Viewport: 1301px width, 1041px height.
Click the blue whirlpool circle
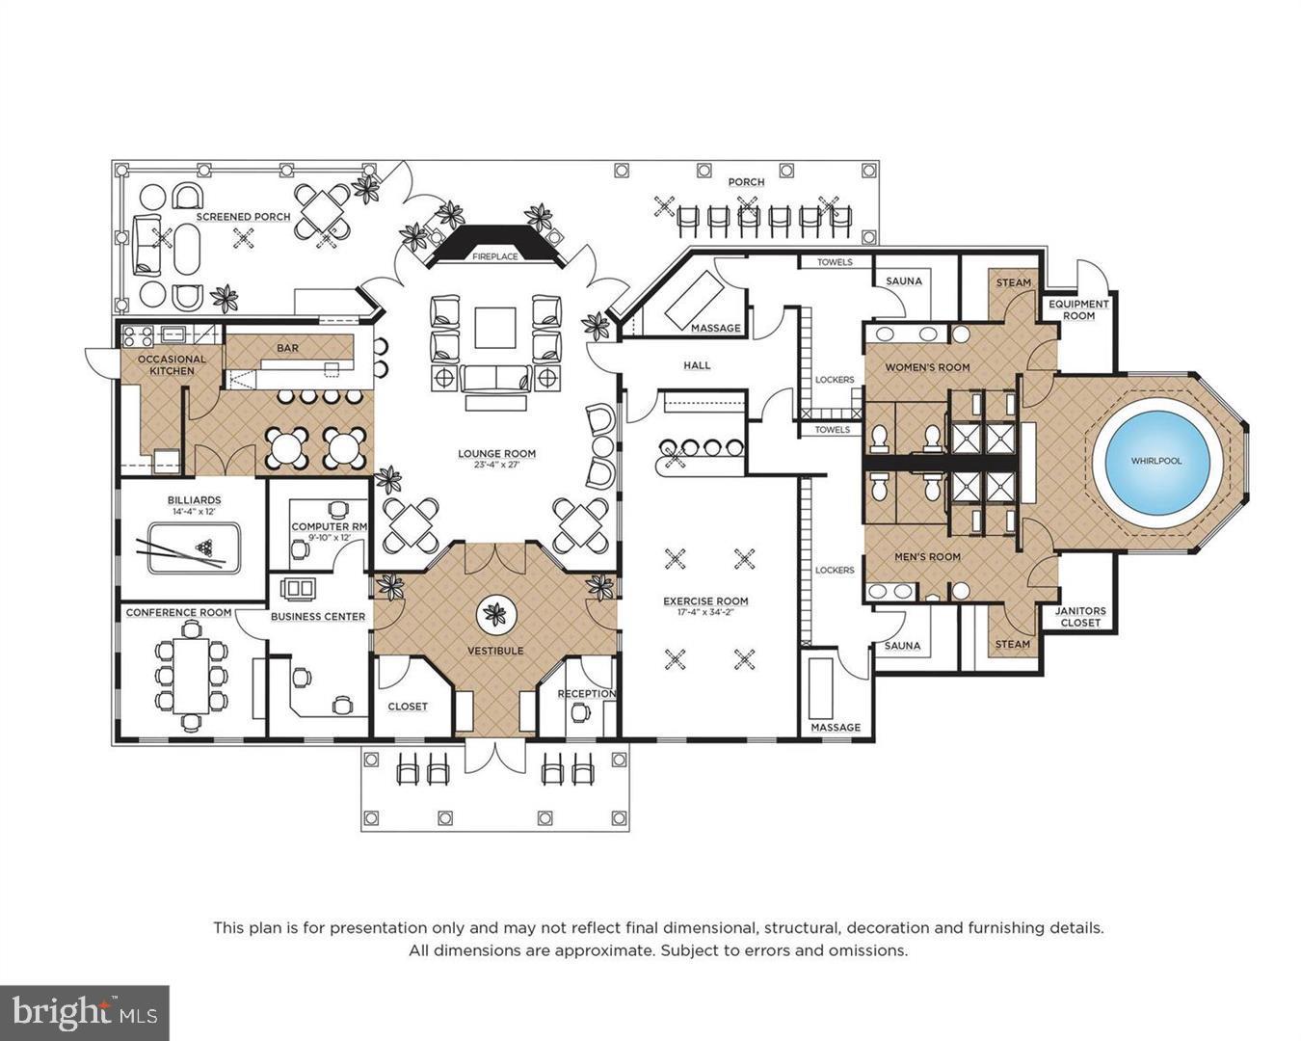[1157, 461]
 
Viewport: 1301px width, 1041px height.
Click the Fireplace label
[494, 257]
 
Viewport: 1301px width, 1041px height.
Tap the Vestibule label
[495, 651]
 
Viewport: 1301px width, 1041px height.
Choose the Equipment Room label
[1078, 309]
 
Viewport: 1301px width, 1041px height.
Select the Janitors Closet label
[1079, 617]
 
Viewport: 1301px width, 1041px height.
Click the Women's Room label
[927, 367]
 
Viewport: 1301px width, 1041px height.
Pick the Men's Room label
[927, 556]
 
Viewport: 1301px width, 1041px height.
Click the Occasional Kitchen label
[172, 365]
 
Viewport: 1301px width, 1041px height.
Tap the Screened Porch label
[243, 217]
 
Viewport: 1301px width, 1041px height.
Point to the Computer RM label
[330, 527]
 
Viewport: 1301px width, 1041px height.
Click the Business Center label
[317, 616]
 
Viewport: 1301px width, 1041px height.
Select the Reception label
[586, 694]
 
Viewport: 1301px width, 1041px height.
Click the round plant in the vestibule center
[496, 613]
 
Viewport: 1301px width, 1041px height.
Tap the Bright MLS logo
[85, 1012]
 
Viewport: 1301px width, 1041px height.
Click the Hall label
[697, 365]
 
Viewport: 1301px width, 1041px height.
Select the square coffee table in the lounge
[495, 328]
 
